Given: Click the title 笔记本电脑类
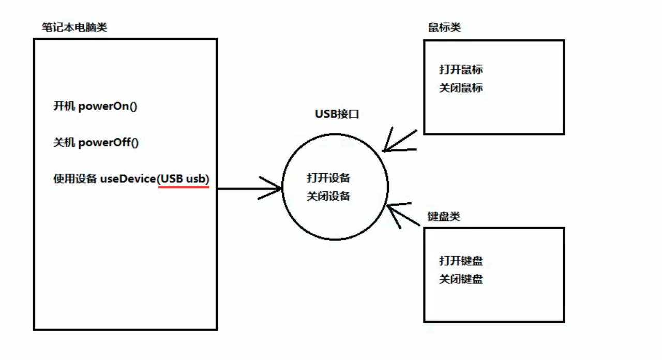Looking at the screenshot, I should pos(74,27).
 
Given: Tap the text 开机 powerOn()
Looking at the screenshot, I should pos(96,107).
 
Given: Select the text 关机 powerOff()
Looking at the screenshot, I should pos(96,143).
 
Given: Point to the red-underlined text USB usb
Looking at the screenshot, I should pos(184,179).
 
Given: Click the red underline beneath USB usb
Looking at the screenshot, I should pos(184,187).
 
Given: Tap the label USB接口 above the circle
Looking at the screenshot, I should pos(337,114).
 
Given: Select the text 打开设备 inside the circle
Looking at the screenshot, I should pos(328,178).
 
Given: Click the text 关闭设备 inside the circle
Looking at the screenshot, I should pos(328,196).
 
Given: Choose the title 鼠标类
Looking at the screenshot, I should pos(444,27).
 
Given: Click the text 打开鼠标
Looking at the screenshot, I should pos(461,69).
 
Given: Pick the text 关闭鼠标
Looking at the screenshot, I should pos(461,88).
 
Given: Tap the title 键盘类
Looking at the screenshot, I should pos(444,216).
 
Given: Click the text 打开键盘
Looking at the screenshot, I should pos(461,261).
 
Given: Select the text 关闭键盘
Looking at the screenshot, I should pos(461,279).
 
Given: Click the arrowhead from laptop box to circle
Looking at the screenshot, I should pos(274,188).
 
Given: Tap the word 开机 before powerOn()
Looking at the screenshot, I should pos(64,107).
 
